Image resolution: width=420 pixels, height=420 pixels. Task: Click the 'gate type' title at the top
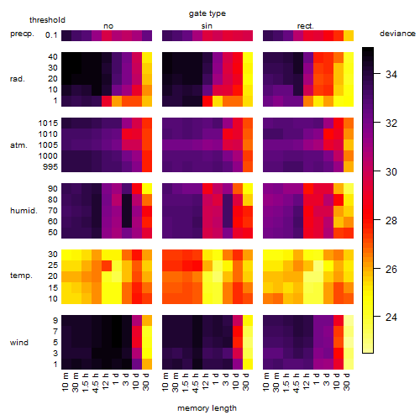(x=207, y=13)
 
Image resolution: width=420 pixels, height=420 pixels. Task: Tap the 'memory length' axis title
(x=207, y=408)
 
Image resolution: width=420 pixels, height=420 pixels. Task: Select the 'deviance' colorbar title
(x=397, y=34)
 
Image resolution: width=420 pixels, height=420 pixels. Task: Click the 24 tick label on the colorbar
(x=391, y=317)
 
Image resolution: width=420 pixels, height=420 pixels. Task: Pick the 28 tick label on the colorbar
(x=391, y=221)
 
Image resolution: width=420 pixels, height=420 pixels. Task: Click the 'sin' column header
(x=207, y=26)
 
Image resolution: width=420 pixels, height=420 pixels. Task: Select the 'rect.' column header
(x=306, y=26)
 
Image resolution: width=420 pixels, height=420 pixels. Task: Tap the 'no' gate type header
(x=108, y=26)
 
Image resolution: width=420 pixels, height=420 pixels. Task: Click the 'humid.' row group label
(x=24, y=211)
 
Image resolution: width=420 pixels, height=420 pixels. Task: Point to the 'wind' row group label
(x=19, y=342)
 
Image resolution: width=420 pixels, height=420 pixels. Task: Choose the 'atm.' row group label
(x=18, y=145)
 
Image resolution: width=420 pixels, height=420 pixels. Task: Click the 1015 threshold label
(x=48, y=123)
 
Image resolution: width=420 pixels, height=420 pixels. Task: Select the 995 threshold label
(x=50, y=167)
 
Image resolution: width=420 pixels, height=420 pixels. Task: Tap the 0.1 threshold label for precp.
(x=51, y=35)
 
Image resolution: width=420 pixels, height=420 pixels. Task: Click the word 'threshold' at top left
(x=47, y=20)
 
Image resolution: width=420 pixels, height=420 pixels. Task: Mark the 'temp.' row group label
(x=21, y=276)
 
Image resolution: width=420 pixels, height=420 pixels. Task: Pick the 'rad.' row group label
(x=18, y=79)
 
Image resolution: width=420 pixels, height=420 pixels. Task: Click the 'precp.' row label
(x=22, y=34)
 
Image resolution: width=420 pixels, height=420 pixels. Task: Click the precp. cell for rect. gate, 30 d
(x=349, y=35)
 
